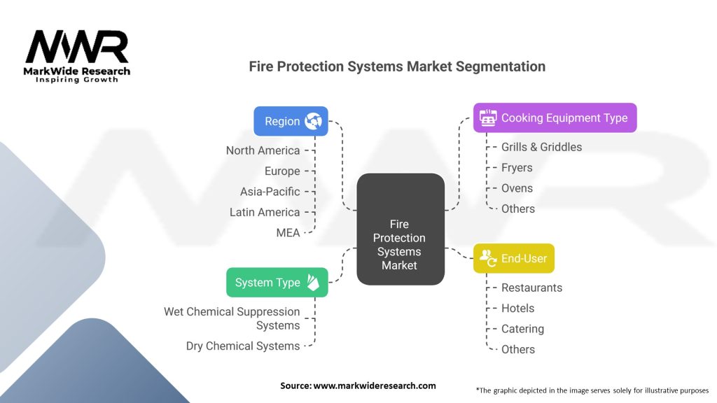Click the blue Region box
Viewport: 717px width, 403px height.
[291, 121]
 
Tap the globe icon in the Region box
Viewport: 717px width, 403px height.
[313, 121]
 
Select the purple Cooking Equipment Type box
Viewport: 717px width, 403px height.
[555, 118]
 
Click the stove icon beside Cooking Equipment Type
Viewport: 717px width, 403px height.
[488, 118]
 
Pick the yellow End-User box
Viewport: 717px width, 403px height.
[513, 259]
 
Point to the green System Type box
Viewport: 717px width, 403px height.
[277, 283]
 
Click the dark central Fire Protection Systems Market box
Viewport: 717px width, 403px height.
[401, 229]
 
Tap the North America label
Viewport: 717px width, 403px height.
[263, 150]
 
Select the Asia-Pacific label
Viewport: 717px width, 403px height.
[270, 192]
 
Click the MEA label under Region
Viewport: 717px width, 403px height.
[288, 232]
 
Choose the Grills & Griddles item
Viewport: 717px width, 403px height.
[541, 147]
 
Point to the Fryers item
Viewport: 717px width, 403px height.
[517, 168]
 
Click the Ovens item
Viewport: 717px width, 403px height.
[517, 188]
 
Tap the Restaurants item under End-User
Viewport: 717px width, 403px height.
[532, 288]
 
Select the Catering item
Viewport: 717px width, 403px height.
[522, 329]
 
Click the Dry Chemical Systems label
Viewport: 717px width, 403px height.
[243, 346]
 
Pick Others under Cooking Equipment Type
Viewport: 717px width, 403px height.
[518, 208]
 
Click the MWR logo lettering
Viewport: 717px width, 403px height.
[77, 47]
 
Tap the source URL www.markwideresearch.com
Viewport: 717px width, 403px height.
[375, 386]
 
